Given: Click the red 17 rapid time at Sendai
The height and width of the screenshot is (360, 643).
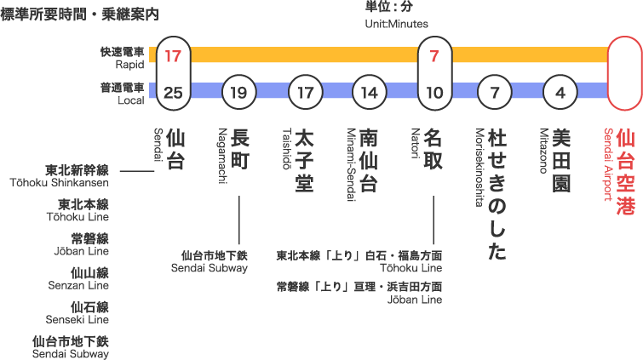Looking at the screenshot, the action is click(173, 56).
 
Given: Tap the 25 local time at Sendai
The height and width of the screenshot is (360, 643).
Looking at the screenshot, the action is click(173, 93).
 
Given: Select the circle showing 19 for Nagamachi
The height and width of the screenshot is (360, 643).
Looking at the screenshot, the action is click(239, 92).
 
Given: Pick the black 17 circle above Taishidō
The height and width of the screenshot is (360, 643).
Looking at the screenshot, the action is click(306, 92).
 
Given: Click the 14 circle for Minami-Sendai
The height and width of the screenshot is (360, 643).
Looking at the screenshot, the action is click(370, 92).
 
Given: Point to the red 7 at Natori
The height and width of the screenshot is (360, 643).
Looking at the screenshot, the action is click(434, 56).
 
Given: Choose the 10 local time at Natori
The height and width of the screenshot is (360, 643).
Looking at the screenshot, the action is click(434, 93).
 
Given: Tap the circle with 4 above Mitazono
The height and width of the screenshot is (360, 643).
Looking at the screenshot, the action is click(560, 92).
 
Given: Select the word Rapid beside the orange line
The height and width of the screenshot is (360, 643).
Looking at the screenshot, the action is click(130, 65).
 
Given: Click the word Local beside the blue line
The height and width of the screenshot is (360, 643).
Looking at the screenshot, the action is click(131, 100).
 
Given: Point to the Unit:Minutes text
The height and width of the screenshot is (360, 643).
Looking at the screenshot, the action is click(397, 24).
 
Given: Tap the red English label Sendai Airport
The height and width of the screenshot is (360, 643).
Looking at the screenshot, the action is click(608, 164).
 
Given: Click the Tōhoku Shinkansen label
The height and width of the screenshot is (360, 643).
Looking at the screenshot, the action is click(60, 183).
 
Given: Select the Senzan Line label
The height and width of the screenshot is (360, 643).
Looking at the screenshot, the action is click(78, 285).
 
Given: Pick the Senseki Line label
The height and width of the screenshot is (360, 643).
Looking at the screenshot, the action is click(78, 320).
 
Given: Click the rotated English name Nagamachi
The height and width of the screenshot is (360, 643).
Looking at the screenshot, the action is click(222, 156).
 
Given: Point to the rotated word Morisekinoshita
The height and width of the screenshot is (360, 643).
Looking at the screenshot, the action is click(479, 168).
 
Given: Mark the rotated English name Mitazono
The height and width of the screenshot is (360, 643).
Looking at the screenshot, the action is click(543, 151).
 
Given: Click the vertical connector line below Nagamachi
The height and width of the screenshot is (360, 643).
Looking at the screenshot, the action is click(239, 220).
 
